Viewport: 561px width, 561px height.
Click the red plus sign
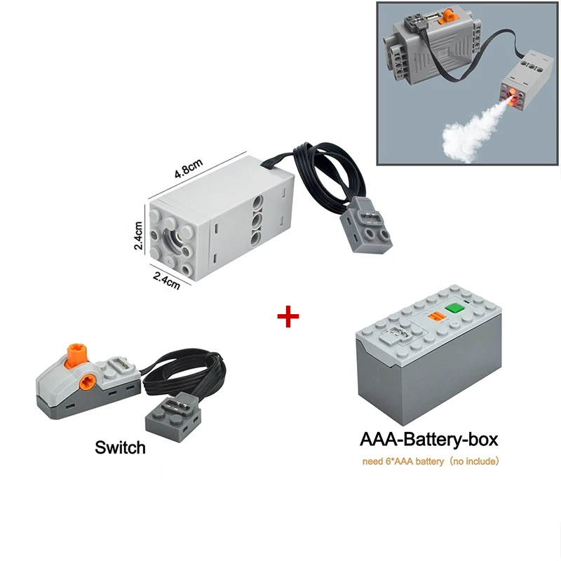(288, 316)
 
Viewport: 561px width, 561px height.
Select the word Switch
(120, 447)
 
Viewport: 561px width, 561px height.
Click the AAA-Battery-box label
(428, 440)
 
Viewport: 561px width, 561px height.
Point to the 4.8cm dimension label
(189, 168)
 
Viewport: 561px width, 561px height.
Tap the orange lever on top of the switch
(76, 355)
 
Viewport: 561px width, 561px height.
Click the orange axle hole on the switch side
(86, 381)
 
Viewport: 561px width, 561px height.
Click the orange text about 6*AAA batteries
(431, 461)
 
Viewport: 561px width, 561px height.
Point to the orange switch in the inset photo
(449, 16)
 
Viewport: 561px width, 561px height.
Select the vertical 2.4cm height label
(138, 236)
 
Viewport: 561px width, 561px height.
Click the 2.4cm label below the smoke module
(167, 280)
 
